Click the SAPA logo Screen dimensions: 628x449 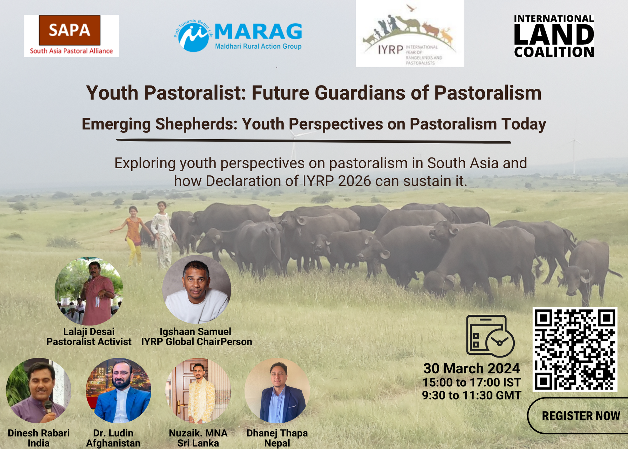click(x=71, y=36)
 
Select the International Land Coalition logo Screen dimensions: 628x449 click(x=554, y=36)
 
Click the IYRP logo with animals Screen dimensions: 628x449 click(x=410, y=34)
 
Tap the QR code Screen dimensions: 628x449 click(x=575, y=349)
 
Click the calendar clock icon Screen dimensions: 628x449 click(x=490, y=336)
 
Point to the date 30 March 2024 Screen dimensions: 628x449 click(x=472, y=368)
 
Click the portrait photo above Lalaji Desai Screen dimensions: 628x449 click(x=89, y=291)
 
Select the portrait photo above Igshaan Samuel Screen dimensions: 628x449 click(x=197, y=290)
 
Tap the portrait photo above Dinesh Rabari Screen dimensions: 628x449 click(x=39, y=391)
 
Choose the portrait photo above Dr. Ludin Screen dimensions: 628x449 click(x=118, y=391)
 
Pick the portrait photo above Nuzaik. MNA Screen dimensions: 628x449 click(x=198, y=391)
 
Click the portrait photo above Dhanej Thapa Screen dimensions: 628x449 click(x=277, y=391)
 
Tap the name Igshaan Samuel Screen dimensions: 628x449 click(x=195, y=332)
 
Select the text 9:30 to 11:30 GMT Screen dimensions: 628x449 click(x=472, y=395)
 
